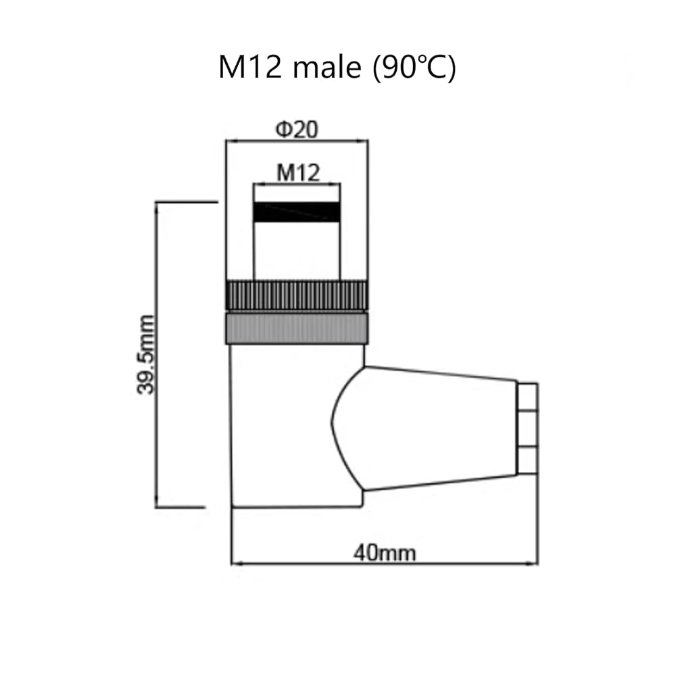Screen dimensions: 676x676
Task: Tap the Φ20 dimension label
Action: [x=297, y=129]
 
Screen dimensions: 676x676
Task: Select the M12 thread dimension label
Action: [x=298, y=172]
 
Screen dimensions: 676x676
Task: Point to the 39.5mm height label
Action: [x=146, y=354]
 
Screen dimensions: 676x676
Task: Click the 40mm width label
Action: [x=385, y=553]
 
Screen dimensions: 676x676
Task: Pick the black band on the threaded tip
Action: [x=297, y=212]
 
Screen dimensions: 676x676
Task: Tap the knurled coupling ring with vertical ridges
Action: [x=297, y=295]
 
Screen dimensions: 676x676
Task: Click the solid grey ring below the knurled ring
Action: [x=297, y=329]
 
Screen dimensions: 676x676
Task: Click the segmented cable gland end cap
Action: [x=527, y=429]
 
